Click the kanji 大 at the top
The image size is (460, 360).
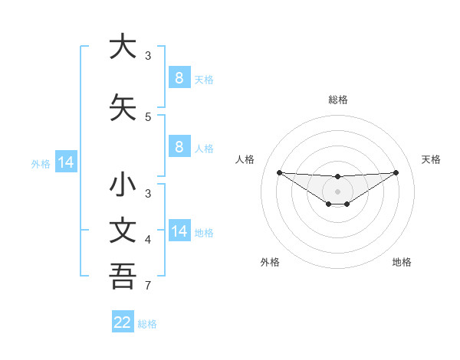click(123, 47)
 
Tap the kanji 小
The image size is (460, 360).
click(123, 186)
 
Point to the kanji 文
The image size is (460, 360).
click(123, 232)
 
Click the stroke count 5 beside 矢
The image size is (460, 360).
click(148, 117)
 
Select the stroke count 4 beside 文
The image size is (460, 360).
click(148, 241)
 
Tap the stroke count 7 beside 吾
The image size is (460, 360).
click(148, 286)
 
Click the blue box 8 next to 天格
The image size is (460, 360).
click(179, 78)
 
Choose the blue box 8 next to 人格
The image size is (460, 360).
click(179, 147)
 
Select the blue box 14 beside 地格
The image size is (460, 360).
click(179, 232)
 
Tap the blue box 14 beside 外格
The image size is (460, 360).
click(66, 162)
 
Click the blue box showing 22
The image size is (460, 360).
click(123, 322)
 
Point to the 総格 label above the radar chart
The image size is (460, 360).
click(337, 100)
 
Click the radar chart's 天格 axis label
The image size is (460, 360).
click(432, 159)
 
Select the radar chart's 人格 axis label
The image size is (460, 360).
click(245, 159)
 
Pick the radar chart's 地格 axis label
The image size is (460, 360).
click(402, 262)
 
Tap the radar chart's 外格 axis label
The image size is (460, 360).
click(270, 262)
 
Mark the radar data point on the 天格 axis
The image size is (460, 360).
click(396, 172)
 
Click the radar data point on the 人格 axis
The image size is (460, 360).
click(279, 172)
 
